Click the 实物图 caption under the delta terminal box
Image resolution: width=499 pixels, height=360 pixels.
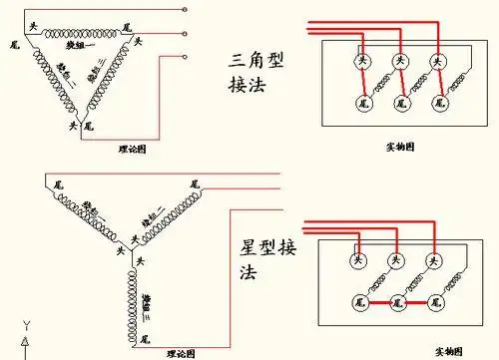pyautogui.click(x=400, y=147)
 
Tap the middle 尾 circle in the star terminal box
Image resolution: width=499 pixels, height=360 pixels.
pyautogui.click(x=397, y=300)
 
